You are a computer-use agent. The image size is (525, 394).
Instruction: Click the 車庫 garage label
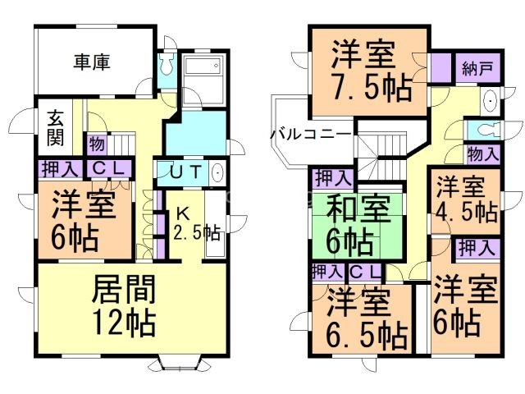pyautogui.click(x=92, y=61)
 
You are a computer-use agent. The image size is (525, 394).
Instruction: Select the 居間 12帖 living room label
pyautogui.click(x=124, y=305)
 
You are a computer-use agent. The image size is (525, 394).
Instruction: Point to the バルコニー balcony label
pyautogui.click(x=311, y=134)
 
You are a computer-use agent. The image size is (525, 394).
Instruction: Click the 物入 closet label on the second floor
pyautogui.click(x=482, y=153)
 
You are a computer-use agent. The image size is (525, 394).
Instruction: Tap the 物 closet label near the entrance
pyautogui.click(x=97, y=144)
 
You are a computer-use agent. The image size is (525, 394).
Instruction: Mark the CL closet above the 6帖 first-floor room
pyautogui.click(x=107, y=169)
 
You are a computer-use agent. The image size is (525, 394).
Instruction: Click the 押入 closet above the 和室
pyautogui.click(x=331, y=177)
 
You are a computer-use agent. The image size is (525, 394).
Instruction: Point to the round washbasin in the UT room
pyautogui.click(x=218, y=173)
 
